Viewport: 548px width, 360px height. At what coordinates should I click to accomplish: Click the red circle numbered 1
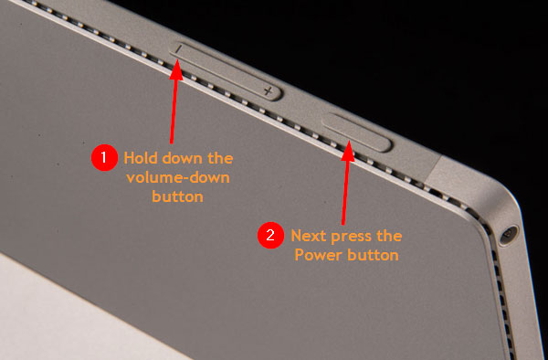[104, 158]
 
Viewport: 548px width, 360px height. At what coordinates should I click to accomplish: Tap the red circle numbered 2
[270, 235]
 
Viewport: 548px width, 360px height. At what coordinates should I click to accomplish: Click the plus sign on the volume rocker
[268, 91]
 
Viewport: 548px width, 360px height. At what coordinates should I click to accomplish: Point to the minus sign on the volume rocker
[179, 49]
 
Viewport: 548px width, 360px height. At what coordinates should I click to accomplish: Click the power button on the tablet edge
[356, 132]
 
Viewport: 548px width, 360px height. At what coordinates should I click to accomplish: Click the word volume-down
[178, 177]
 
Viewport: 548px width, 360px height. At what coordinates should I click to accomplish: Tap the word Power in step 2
[317, 255]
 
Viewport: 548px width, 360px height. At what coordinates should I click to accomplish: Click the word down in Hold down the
[181, 158]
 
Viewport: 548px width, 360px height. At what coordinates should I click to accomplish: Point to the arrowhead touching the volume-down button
[177, 69]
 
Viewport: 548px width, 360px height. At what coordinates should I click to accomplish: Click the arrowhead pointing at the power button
[348, 151]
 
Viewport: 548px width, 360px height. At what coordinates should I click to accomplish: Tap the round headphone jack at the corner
[508, 235]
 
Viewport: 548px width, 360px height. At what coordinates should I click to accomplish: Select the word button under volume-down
[177, 196]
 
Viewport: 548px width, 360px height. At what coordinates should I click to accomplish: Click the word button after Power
[373, 255]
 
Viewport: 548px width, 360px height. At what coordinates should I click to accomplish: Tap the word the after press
[389, 236]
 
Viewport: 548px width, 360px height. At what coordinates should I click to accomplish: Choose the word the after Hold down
[220, 158]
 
